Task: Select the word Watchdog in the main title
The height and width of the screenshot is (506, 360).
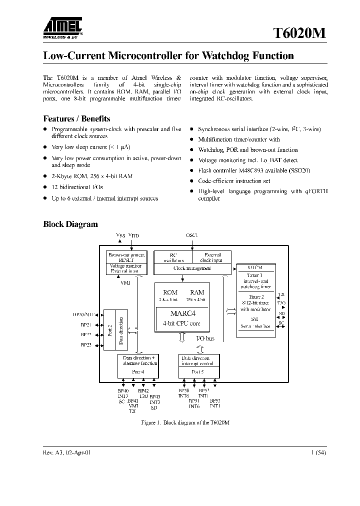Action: pos(223,56)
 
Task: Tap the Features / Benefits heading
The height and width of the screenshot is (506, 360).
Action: pos(76,118)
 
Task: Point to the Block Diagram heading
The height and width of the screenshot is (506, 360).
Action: pos(70,224)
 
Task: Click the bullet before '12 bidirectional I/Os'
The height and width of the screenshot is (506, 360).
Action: pos(45,187)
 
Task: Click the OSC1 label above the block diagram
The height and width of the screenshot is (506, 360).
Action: pos(192,235)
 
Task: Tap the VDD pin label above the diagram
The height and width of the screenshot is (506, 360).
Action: pos(134,235)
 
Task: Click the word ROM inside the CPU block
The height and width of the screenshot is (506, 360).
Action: pos(170,292)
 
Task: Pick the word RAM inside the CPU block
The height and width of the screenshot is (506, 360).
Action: pos(197,292)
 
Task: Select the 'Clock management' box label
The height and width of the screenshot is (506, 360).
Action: pos(192,268)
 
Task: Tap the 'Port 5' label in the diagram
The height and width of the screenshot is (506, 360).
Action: pos(198,371)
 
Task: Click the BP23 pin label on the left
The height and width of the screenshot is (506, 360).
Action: pos(86,345)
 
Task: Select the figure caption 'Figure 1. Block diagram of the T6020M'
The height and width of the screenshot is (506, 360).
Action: pos(185,422)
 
